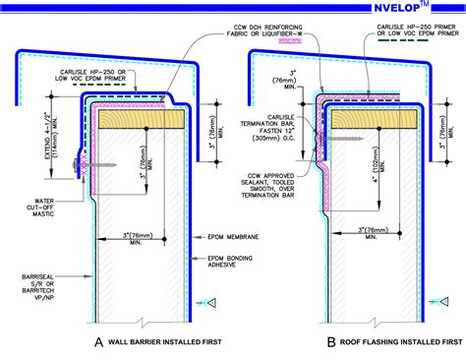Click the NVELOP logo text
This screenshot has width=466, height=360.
[x=414, y=10]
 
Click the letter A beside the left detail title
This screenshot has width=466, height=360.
[x=98, y=342]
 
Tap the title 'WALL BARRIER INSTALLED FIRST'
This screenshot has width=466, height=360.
[x=163, y=343]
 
